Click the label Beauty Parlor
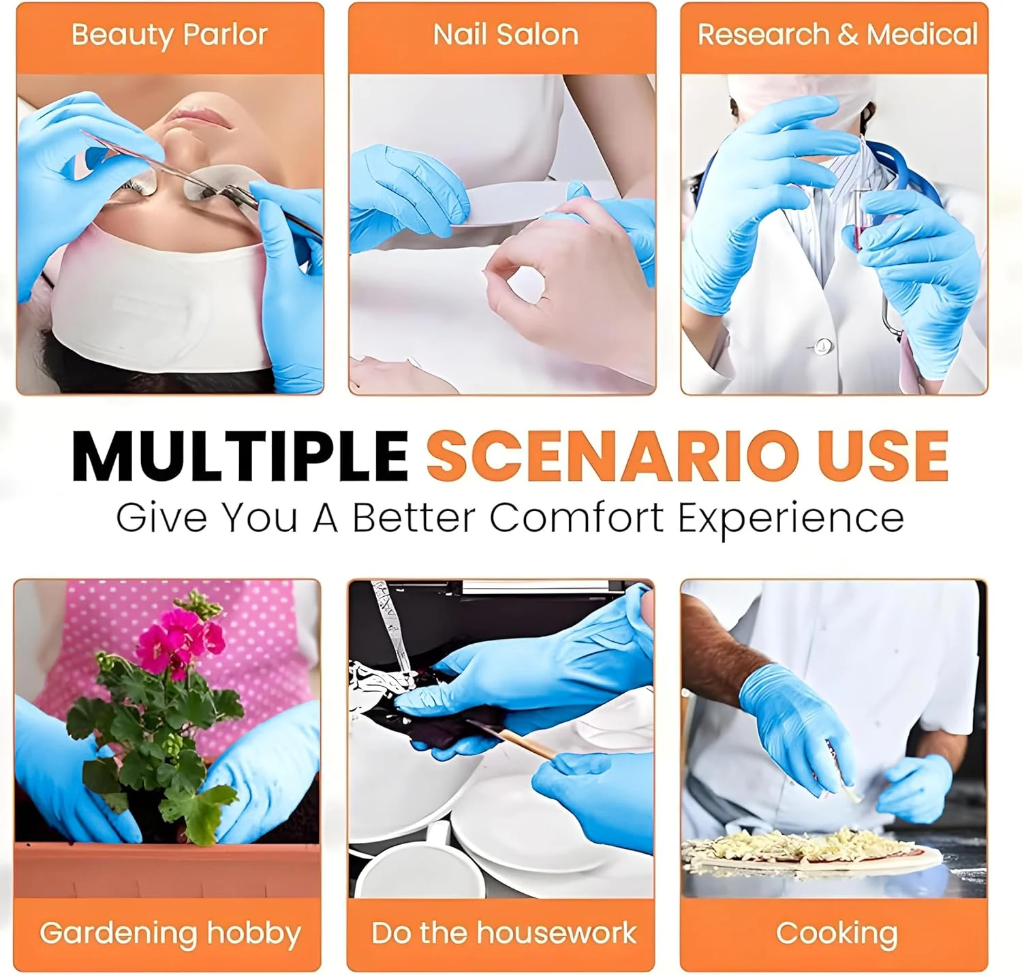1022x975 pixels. [x=170, y=35]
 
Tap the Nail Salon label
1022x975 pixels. [x=506, y=35]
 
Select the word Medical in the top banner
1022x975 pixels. [x=923, y=35]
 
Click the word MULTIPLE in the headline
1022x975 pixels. [x=240, y=456]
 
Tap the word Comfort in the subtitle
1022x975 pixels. [x=576, y=517]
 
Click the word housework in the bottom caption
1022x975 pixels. [x=556, y=932]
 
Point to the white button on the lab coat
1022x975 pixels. [x=823, y=345]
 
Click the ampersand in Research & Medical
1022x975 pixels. [x=848, y=35]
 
